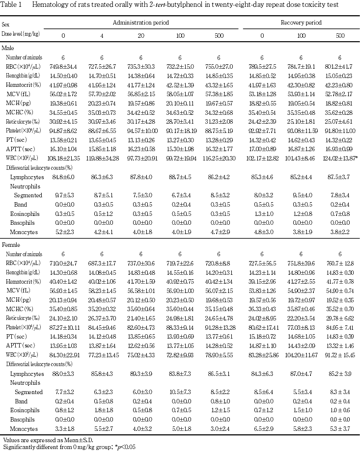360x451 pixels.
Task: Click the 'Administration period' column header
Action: click(141, 23)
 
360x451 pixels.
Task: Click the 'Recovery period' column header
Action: click(301, 23)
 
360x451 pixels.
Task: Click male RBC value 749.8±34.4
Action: click(63, 66)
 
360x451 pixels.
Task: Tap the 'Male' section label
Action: click(8, 48)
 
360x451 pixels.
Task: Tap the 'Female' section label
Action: click(10, 244)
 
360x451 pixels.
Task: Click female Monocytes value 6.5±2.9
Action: click(262, 428)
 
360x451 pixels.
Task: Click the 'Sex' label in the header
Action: click(5, 24)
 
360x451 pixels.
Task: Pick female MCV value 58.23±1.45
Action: click(102, 291)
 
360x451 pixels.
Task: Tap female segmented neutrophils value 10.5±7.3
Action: click(180, 392)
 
